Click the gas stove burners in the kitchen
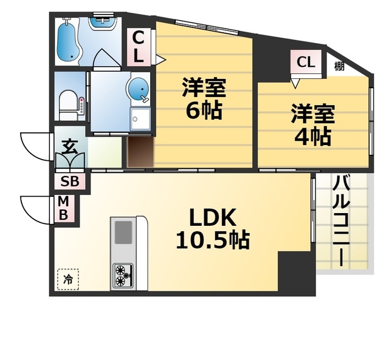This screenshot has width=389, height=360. click(122, 276)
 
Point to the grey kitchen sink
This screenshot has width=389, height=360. click(123, 233)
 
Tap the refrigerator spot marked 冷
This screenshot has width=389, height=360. click(68, 279)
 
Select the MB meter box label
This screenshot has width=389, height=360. click(63, 208)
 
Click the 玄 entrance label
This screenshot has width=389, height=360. click(69, 147)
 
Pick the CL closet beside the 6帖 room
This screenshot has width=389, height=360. click(139, 47)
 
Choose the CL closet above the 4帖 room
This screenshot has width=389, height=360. click(306, 61)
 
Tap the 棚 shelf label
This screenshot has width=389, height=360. click(339, 66)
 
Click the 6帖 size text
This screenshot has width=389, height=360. click(204, 110)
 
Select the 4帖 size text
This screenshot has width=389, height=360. click(312, 137)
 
